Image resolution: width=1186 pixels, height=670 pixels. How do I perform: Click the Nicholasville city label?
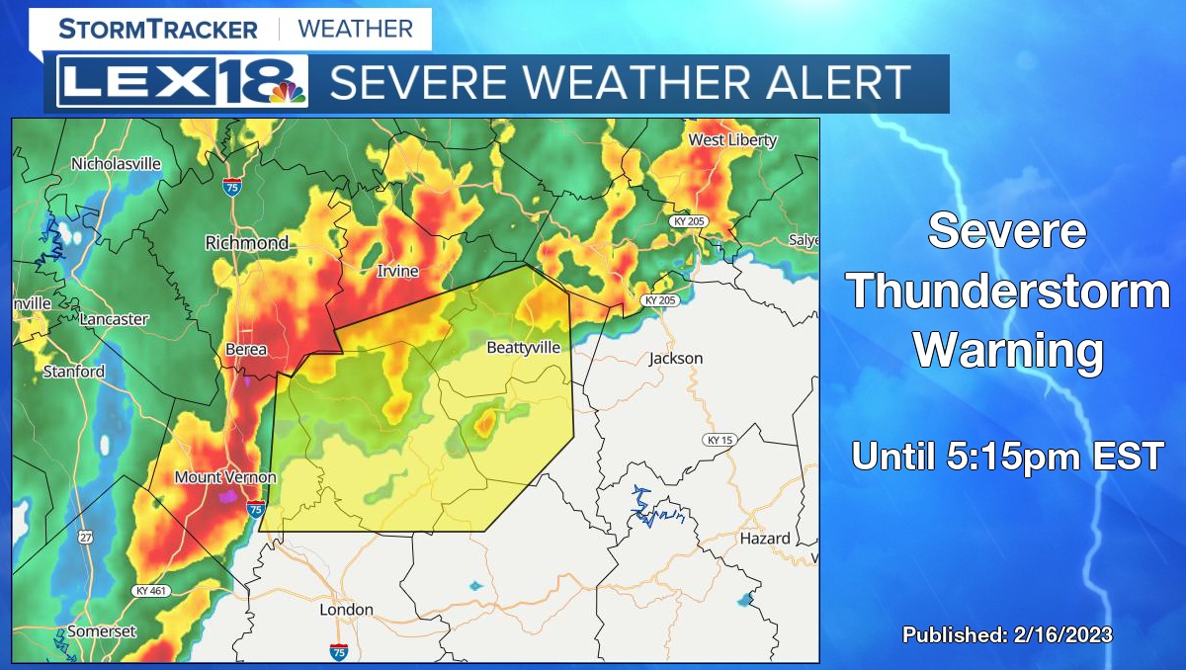pos(116,164)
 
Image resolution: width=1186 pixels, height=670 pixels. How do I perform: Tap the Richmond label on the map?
pos(247,242)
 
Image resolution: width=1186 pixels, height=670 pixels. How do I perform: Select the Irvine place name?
pos(397,271)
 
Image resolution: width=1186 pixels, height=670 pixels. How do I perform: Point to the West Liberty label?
pos(732,140)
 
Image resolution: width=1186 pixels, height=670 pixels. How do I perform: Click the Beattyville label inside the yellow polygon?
pos(524,348)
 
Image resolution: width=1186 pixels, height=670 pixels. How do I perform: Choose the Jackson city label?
pos(676,358)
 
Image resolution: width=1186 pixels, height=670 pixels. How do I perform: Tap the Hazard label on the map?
pos(765,539)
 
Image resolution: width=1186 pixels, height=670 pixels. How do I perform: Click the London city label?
pos(346,610)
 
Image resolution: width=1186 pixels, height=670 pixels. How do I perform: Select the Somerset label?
pos(102,631)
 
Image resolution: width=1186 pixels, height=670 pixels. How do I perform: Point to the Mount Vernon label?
pos(225,477)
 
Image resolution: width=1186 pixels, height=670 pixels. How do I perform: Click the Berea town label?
pos(245,351)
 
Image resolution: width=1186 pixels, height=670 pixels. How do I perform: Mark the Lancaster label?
pos(114,319)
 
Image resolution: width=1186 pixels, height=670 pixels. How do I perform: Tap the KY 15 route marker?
pos(719,440)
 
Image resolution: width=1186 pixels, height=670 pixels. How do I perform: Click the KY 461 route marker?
pos(150,590)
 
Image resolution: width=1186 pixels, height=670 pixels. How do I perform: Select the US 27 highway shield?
pos(86,537)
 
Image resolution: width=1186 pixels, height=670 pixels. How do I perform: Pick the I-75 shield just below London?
pos(338,651)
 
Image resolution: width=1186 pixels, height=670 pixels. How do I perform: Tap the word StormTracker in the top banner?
pos(157,29)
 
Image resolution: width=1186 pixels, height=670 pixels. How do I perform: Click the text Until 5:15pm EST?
pos(1008,457)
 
